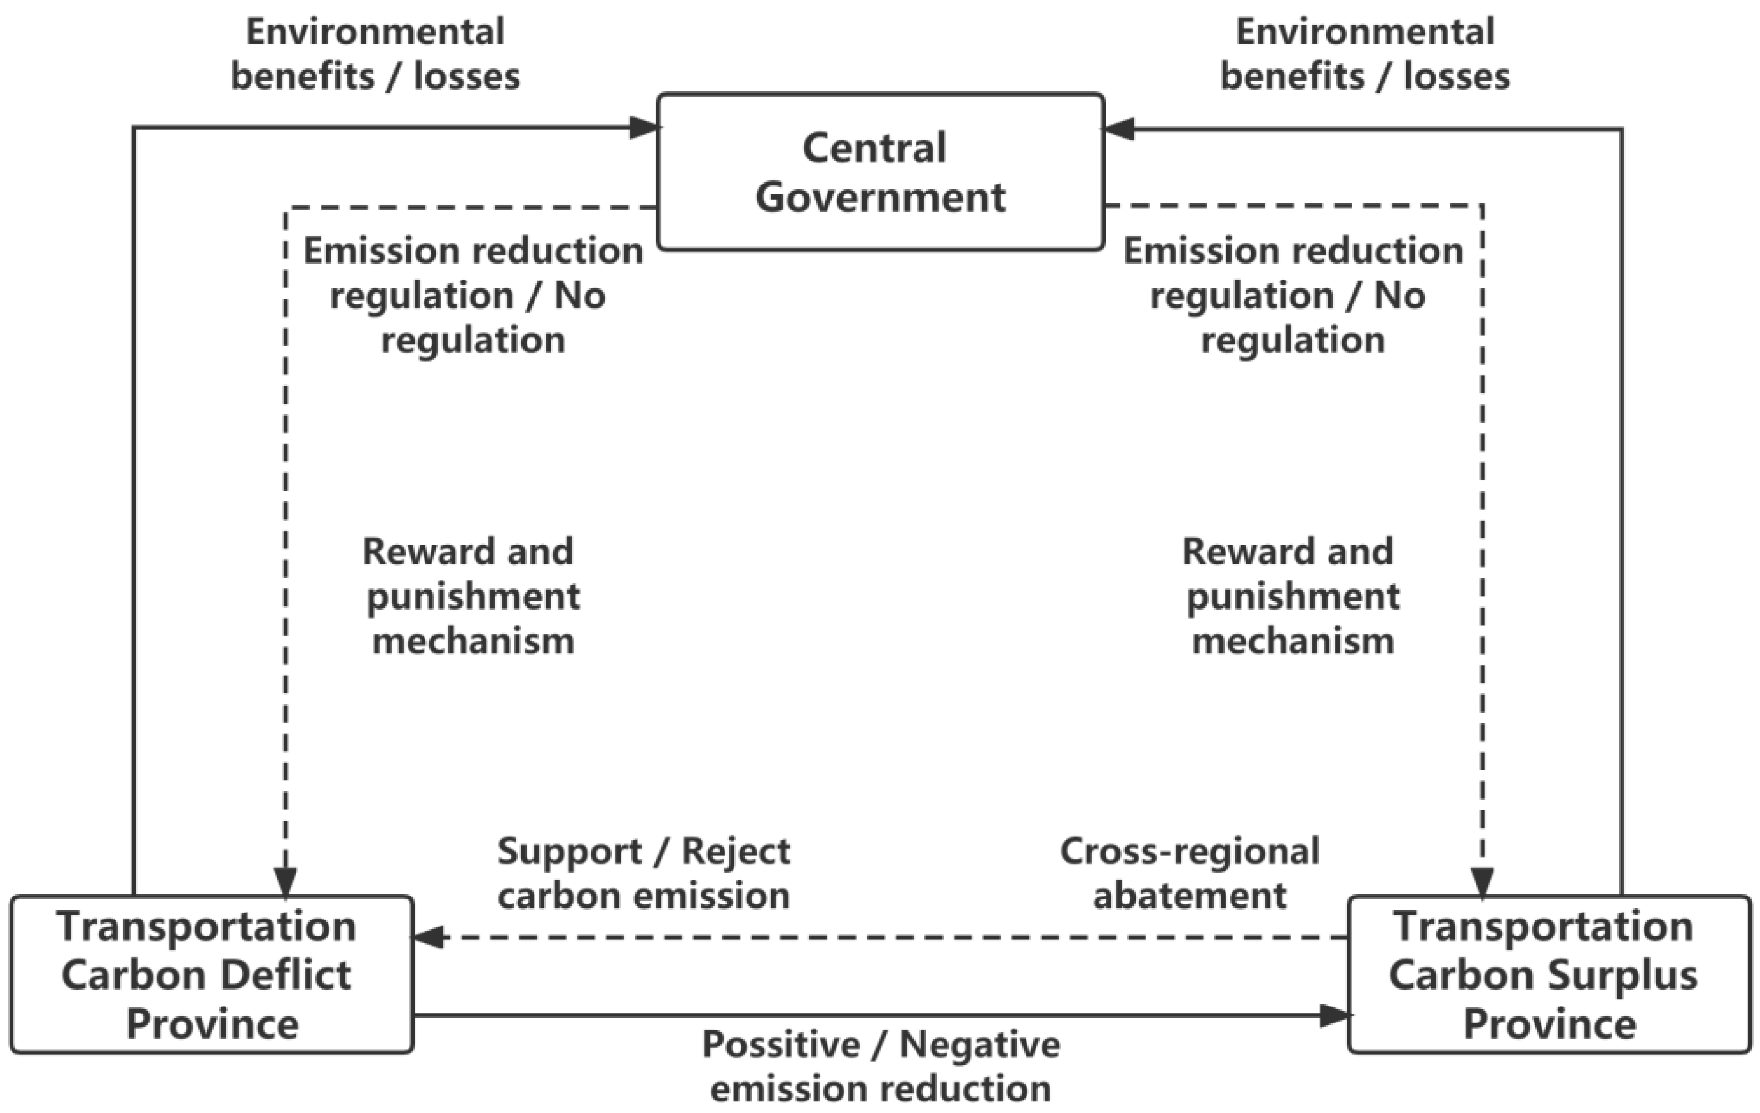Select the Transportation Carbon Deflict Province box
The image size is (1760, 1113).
point(212,974)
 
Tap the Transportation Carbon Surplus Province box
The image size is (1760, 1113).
point(1549,974)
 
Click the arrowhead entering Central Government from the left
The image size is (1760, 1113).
point(645,128)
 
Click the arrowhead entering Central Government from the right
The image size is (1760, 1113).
point(1118,129)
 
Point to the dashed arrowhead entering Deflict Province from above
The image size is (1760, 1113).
point(285,881)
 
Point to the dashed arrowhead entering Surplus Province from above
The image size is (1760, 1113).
point(1482,881)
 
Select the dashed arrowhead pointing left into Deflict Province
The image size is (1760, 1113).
point(430,937)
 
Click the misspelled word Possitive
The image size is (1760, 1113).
point(781,1045)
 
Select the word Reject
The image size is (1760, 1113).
point(736,852)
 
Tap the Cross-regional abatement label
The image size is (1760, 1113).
point(1190,873)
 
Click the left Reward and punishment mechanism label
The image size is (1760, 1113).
point(472,596)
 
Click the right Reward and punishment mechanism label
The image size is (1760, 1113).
point(1291,596)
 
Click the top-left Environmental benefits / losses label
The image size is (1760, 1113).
point(375,54)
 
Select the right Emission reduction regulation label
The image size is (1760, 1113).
point(1292,296)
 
